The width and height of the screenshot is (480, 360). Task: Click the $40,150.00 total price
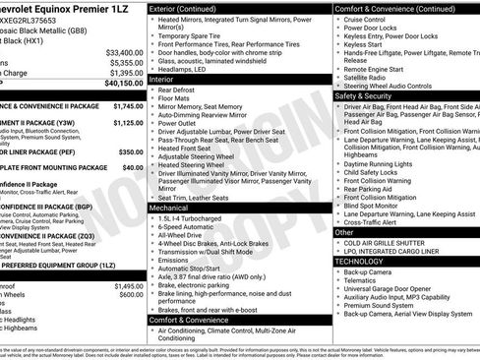click(120, 84)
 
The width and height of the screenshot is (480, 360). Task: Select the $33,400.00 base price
click(124, 51)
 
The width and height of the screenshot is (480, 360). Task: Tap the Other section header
click(346, 234)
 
